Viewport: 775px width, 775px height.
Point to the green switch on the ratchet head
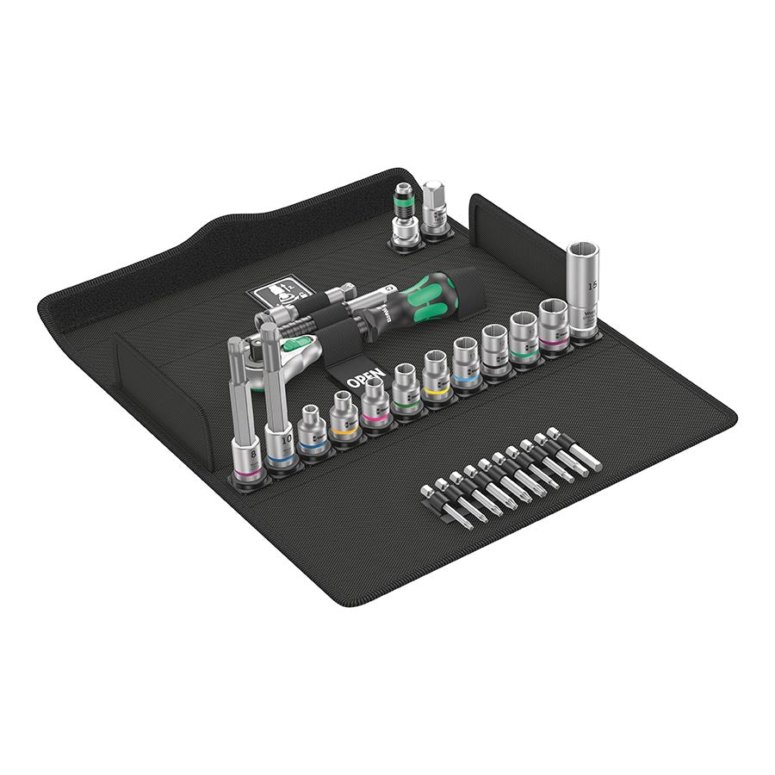(307, 348)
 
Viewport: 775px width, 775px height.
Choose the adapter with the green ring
(403, 211)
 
